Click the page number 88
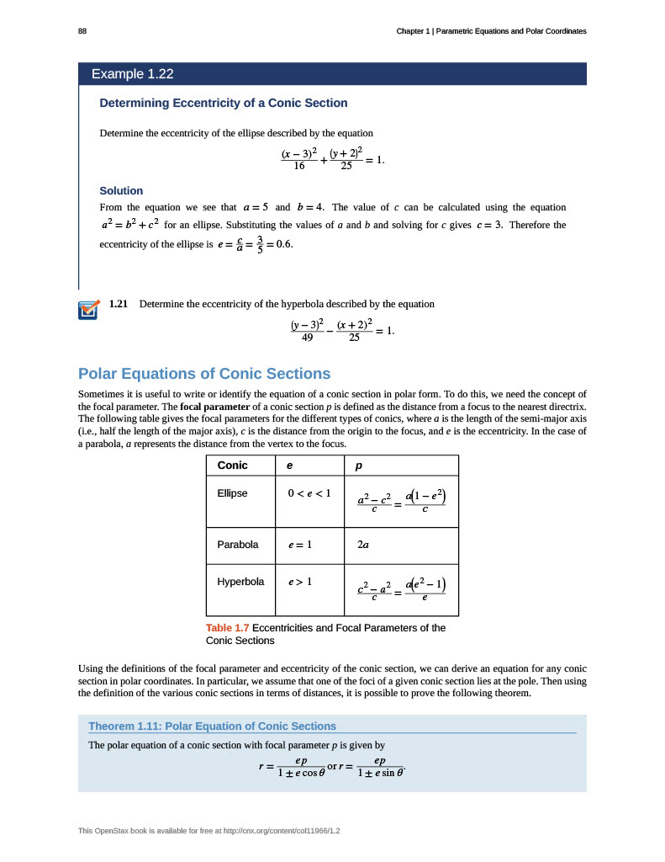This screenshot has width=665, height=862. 82,31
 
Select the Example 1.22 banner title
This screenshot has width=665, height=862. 133,74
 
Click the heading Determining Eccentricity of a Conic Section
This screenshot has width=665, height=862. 224,103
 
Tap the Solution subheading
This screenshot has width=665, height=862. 121,190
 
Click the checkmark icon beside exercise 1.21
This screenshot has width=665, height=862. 87,310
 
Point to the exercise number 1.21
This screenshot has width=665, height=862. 119,304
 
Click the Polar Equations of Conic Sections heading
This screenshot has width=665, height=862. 204,374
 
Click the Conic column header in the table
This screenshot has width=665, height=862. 232,466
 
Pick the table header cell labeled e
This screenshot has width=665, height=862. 290,466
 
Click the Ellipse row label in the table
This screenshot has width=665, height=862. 233,492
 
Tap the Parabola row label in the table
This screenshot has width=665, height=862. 238,545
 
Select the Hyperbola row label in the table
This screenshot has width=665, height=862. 240,582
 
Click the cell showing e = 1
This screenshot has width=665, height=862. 299,545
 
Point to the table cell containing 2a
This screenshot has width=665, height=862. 363,545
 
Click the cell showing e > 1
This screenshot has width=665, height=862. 299,582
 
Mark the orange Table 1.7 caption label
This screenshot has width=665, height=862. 227,627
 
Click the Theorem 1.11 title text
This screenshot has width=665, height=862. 212,726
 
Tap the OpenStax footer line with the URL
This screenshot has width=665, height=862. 214,831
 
